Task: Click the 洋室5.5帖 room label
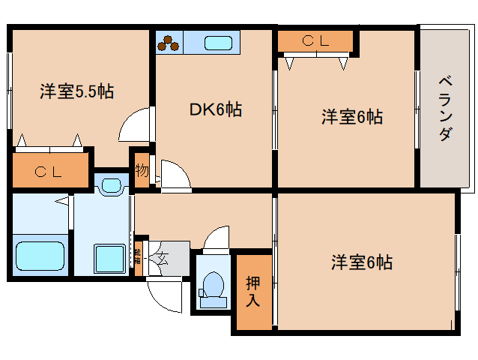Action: point(76,92)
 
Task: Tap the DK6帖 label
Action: point(214,109)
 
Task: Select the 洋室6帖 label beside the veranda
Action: point(352,117)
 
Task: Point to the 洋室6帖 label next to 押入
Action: point(362,262)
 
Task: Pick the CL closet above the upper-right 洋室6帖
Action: point(315,42)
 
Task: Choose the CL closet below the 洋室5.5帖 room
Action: point(49,172)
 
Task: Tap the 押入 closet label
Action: point(253,292)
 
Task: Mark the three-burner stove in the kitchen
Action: point(170,43)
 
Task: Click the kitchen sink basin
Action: point(219,43)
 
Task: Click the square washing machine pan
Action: point(111,258)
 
